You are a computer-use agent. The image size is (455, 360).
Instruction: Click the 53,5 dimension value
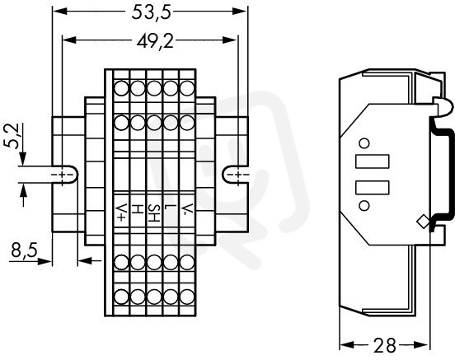151,12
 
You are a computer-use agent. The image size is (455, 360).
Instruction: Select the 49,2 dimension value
155,41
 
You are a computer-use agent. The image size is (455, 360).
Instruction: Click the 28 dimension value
384,345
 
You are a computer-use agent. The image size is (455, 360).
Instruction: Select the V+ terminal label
121,213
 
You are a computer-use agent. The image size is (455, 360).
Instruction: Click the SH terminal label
154,213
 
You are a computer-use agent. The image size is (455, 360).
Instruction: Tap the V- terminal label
186,209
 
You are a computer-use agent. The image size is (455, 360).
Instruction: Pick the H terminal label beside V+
138,209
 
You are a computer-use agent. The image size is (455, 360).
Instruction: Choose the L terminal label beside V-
171,208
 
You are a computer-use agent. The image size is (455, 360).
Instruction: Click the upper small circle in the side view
364,143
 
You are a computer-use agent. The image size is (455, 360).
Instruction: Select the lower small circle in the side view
364,205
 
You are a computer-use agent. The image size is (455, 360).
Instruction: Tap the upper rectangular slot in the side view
372,161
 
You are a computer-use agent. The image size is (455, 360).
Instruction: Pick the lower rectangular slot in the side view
372,187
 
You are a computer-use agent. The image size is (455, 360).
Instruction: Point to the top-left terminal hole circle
121,88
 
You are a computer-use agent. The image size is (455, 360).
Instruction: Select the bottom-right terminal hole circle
187,297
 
